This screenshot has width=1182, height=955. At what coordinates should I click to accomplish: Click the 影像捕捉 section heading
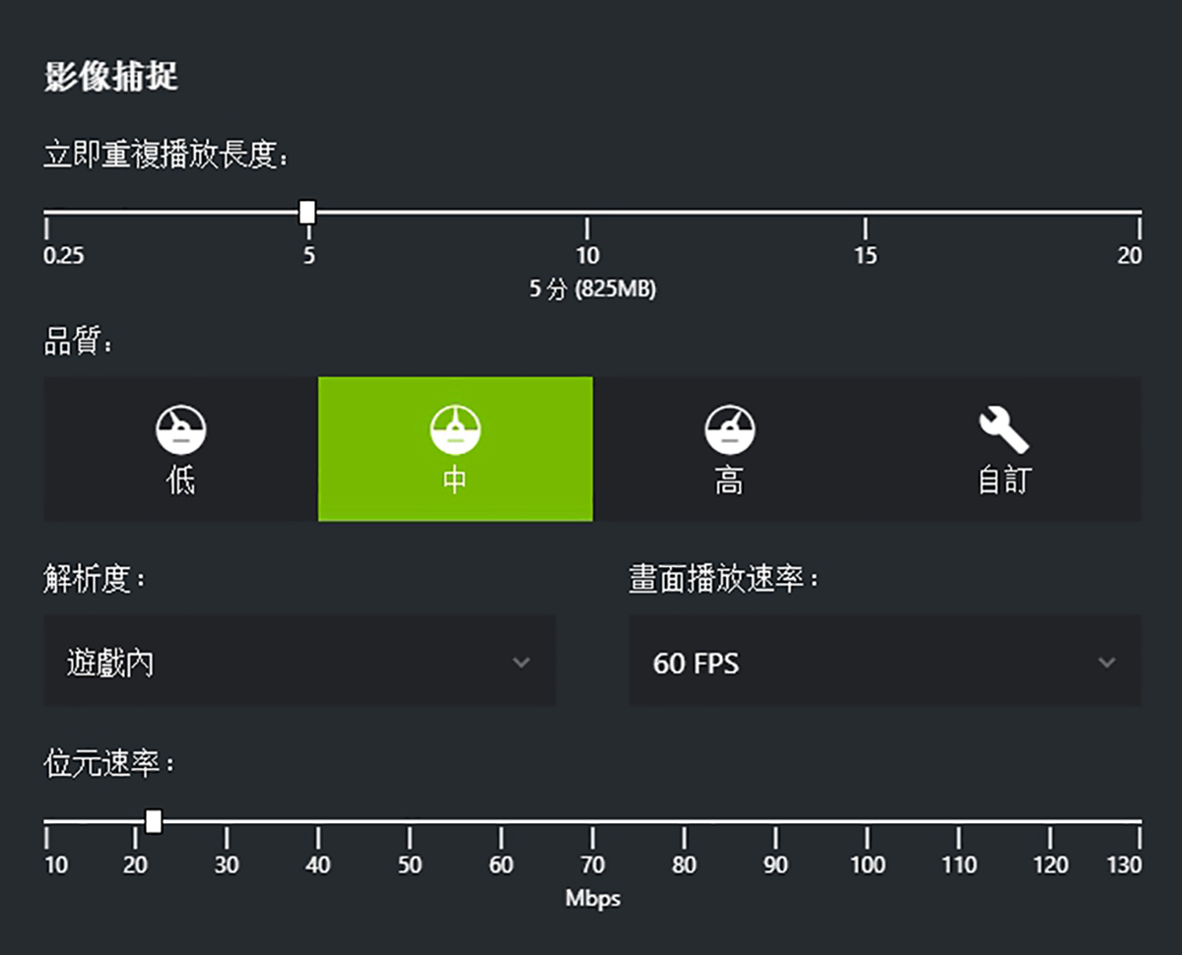pyautogui.click(x=110, y=76)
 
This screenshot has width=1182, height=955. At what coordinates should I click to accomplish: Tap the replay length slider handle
pyautogui.click(x=307, y=212)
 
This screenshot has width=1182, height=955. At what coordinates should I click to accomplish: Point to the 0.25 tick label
pyautogui.click(x=64, y=256)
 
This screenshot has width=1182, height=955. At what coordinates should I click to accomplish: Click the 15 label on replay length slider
pyautogui.click(x=865, y=256)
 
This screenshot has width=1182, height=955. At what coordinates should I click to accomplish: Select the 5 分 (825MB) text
pyautogui.click(x=592, y=289)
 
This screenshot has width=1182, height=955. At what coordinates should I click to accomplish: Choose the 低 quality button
pyautogui.click(x=180, y=449)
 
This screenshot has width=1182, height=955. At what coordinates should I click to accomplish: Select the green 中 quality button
pyautogui.click(x=455, y=449)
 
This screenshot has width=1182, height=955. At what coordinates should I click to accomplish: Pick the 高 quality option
pyautogui.click(x=729, y=449)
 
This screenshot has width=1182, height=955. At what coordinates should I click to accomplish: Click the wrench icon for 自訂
pyautogui.click(x=1003, y=431)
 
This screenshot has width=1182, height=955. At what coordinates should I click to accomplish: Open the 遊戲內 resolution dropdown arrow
pyautogui.click(x=521, y=663)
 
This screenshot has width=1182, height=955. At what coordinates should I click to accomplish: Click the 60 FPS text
pyautogui.click(x=695, y=664)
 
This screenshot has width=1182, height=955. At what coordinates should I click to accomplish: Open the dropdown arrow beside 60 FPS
pyautogui.click(x=1106, y=663)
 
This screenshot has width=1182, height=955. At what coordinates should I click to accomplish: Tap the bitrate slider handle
pyautogui.click(x=153, y=821)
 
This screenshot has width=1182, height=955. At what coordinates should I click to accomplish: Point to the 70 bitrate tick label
pyautogui.click(x=592, y=865)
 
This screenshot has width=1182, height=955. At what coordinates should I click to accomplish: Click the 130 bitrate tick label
pyautogui.click(x=1124, y=865)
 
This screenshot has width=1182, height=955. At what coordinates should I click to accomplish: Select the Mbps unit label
pyautogui.click(x=592, y=899)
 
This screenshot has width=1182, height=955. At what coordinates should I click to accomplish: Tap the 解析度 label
pyautogui.click(x=93, y=579)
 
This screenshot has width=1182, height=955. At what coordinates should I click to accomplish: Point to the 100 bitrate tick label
pyautogui.click(x=867, y=865)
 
